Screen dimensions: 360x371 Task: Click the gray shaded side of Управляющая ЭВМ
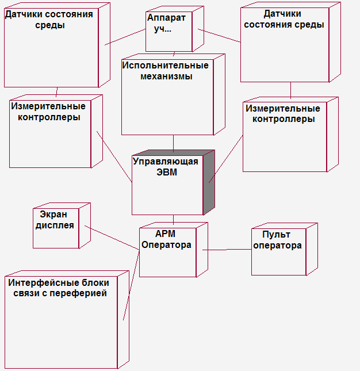(209, 182)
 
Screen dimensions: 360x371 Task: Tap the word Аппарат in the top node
(166, 18)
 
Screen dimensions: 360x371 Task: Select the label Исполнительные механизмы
(165, 71)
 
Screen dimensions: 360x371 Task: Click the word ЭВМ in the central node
(167, 172)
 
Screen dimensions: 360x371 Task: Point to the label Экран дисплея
(55, 220)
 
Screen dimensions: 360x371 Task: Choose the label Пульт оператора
(277, 240)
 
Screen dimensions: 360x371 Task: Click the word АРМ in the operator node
(165, 234)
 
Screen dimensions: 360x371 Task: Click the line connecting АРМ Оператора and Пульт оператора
(227, 250)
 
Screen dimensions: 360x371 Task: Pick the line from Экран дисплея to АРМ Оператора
(112, 238)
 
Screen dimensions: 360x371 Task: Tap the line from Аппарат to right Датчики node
(219, 36)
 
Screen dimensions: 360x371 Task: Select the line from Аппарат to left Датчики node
(125, 37)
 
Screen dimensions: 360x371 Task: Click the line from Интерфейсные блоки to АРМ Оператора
(131, 285)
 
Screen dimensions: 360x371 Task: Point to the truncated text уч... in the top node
(163, 29)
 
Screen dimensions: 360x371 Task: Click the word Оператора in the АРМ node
(166, 244)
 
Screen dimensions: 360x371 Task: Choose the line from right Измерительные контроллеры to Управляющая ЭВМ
(225, 159)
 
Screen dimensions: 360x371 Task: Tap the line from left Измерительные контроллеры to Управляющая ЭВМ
(114, 156)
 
